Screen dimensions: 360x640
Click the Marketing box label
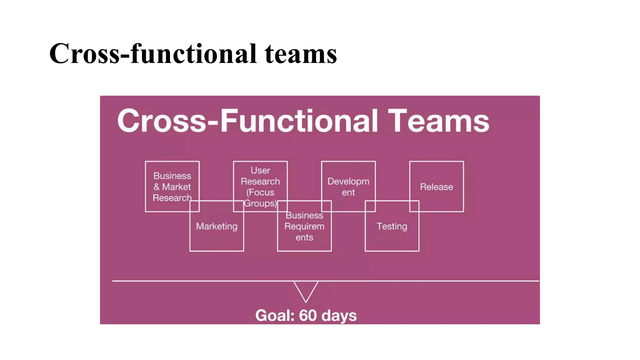tap(217, 226)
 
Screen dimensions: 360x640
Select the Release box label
tap(436, 187)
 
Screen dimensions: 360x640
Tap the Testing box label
tap(392, 226)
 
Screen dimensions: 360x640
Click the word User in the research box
tap(260, 170)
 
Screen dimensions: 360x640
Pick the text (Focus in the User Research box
tap(260, 192)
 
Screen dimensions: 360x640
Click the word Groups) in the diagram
tap(260, 203)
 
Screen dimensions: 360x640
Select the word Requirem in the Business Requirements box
tap(304, 226)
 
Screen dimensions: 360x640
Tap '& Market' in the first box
tap(172, 187)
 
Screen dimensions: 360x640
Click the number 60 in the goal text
tap(308, 316)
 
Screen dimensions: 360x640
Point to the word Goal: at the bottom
tap(275, 316)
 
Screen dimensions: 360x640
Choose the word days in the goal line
tap(339, 316)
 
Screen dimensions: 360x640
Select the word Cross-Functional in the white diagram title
tap(247, 121)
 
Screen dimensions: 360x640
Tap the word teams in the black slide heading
tap(301, 54)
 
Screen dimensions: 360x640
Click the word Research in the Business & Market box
tap(172, 198)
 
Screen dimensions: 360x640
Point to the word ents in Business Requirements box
tap(304, 237)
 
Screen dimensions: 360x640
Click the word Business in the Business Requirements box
tap(304, 215)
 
